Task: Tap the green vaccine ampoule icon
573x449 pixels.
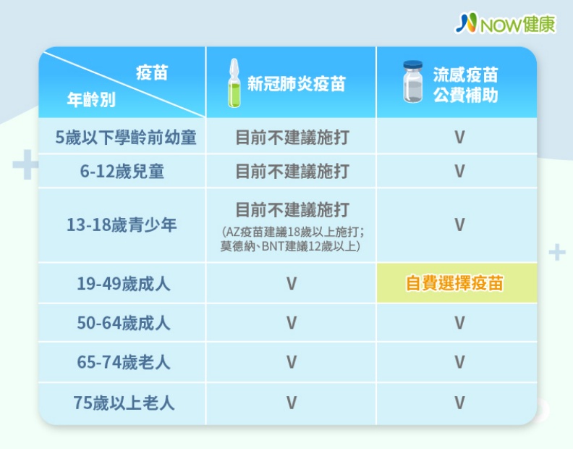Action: tap(233, 83)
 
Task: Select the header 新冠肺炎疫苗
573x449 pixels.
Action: tap(296, 84)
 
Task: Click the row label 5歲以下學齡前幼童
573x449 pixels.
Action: tap(127, 137)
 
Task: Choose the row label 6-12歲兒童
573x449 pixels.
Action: tap(122, 172)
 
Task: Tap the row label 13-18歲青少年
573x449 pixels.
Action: tap(122, 225)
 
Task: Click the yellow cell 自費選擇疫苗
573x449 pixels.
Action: tap(454, 283)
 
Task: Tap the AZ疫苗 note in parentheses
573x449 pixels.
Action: tap(291, 239)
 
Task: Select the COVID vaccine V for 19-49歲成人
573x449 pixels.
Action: tap(291, 283)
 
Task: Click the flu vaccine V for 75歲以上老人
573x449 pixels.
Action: tap(459, 403)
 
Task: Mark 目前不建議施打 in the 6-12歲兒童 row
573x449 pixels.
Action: tap(292, 172)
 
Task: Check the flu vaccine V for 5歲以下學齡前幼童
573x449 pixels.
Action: tap(459, 137)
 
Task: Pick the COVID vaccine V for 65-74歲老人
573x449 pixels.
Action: tap(291, 362)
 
